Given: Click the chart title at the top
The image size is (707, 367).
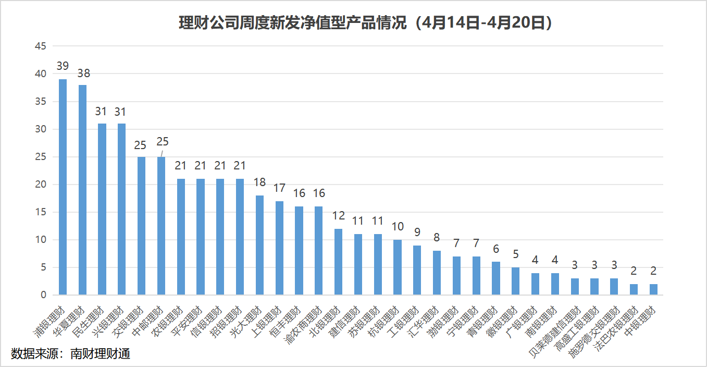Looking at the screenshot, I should tap(365, 23).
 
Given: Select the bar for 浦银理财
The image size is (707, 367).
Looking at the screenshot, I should tap(63, 187).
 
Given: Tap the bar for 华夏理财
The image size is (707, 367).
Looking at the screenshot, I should tap(82, 190).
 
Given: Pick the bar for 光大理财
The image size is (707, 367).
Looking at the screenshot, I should tap(259, 245).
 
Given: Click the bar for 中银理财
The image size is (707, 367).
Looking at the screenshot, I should tap(654, 289).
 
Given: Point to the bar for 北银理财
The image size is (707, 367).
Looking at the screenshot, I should tap(338, 262).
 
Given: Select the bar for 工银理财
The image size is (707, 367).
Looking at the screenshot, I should tap(417, 270).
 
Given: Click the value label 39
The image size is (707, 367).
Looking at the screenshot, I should tap(63, 66).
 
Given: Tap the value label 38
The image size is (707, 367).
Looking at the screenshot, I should tap(83, 73).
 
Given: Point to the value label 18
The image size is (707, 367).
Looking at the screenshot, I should tap(259, 182).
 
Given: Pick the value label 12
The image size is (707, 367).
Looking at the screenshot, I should tap(339, 216).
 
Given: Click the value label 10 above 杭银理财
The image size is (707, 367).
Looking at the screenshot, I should tap(398, 227).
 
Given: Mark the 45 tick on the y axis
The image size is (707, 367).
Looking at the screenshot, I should tap(41, 46).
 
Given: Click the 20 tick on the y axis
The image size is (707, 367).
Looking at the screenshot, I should tap(41, 185).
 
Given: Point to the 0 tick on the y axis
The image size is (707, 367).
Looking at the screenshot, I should tap(43, 295).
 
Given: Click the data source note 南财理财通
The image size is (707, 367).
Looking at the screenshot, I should tap(71, 354).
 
